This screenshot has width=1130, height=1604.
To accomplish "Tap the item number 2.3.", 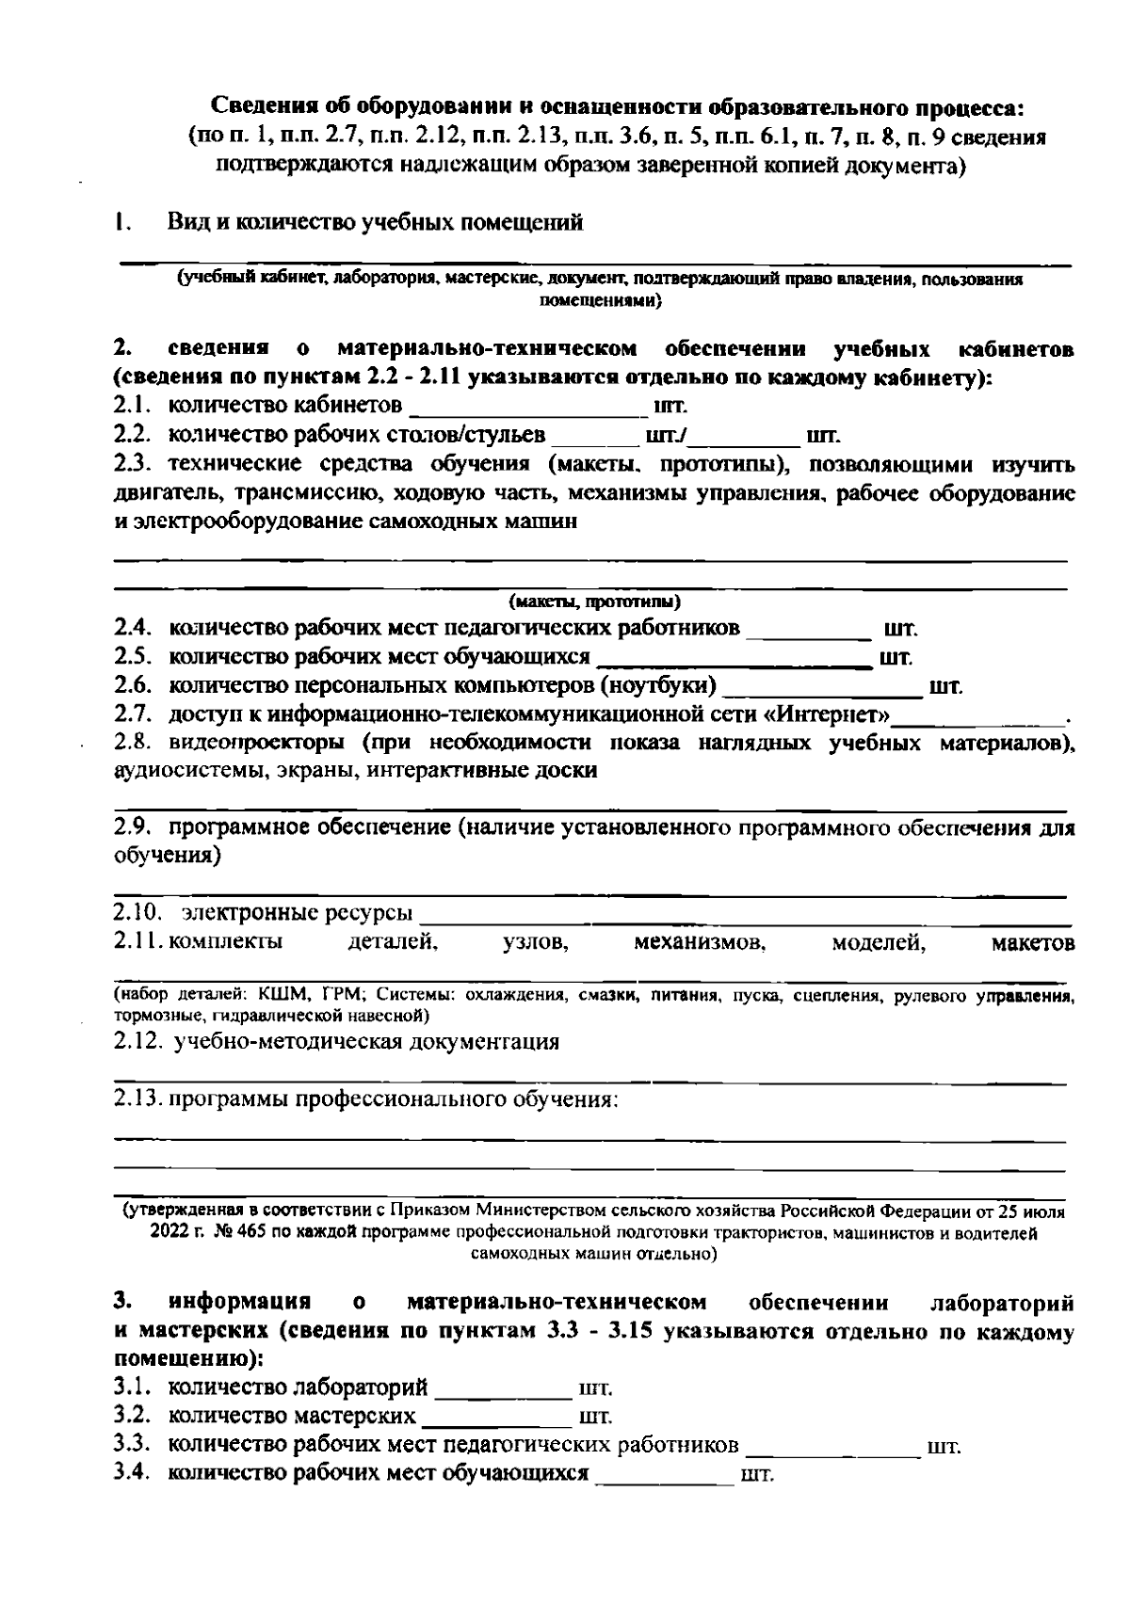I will [x=133, y=464].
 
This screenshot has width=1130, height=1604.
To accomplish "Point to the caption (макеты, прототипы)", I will [x=594, y=601].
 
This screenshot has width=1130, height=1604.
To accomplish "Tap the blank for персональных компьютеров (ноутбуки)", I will [x=821, y=689].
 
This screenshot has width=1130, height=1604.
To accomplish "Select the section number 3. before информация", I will [x=121, y=1303].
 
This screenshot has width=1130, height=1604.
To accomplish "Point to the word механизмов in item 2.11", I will [x=700, y=942].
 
